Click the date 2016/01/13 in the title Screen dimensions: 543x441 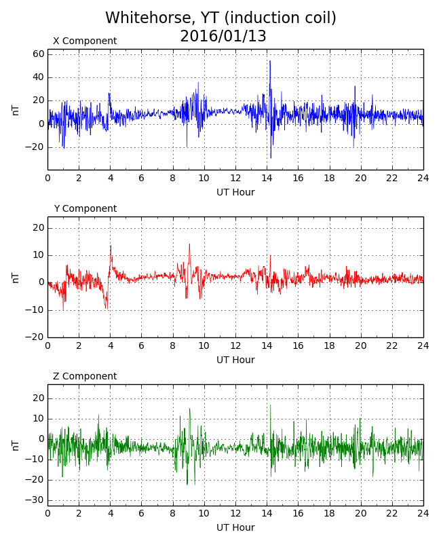pyautogui.click(x=223, y=37)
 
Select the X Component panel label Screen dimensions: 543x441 pyautogui.click(x=85, y=41)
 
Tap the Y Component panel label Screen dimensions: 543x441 pyautogui.click(x=85, y=209)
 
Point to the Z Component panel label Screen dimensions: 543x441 pyautogui.click(x=85, y=377)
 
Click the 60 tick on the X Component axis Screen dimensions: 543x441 pyautogui.click(x=38, y=54)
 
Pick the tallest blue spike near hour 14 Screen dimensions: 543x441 pyautogui.click(x=269, y=62)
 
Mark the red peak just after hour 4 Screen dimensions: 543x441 pyautogui.click(x=111, y=246)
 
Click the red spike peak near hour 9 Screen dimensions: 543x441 pyautogui.click(x=189, y=245)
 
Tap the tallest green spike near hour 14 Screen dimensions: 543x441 pyautogui.click(x=270, y=406)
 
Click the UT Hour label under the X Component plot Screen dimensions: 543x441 pyautogui.click(x=235, y=193)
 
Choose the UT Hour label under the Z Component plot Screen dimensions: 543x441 pyautogui.click(x=235, y=528)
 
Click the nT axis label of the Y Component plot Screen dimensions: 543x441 pyautogui.click(x=16, y=277)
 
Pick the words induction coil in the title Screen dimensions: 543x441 pyautogui.click(x=289, y=18)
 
